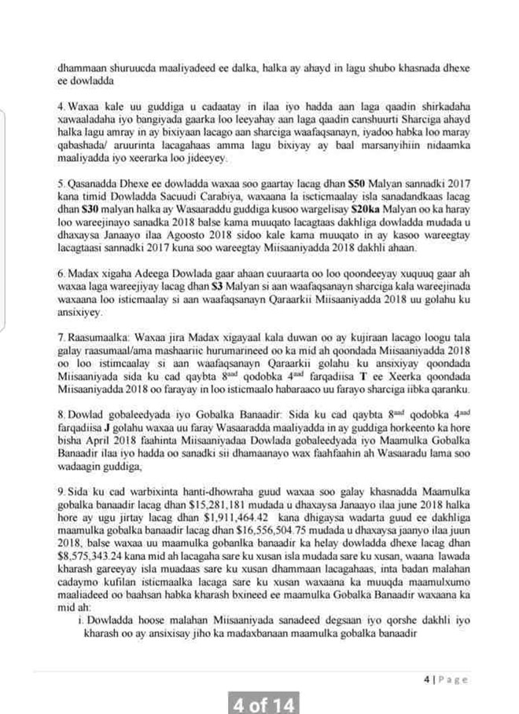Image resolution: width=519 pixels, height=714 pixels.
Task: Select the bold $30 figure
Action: coord(94,204)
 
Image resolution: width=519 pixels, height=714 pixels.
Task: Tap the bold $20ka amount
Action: coord(368,204)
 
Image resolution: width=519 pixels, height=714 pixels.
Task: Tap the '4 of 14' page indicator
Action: coord(264,702)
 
